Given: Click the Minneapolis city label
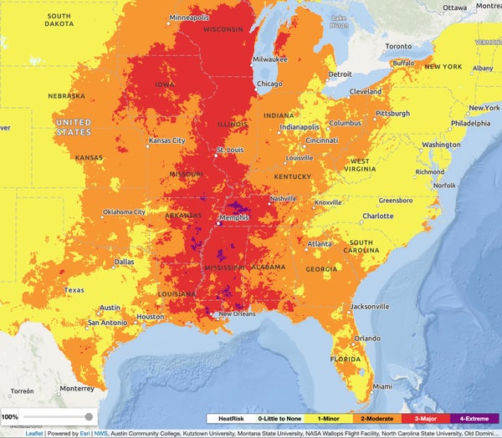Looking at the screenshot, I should click(191, 18).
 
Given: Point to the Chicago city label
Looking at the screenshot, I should click(269, 84).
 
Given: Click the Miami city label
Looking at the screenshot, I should click(382, 387).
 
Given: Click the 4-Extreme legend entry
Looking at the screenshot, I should click(474, 417).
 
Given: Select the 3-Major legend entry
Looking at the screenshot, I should click(426, 417).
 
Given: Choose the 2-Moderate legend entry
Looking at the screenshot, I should click(377, 417).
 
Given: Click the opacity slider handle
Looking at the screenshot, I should click(89, 416).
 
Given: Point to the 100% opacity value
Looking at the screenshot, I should click(10, 416).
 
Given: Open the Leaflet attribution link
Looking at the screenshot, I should click(34, 433).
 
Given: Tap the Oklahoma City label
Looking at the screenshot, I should click(123, 211).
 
